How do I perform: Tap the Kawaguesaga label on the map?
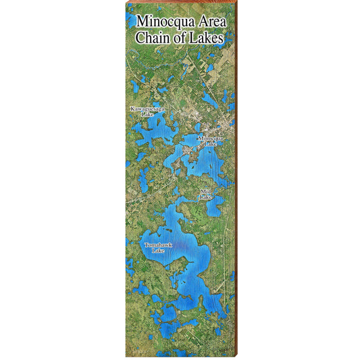[x=148, y=108]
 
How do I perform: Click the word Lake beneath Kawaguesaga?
[x=148, y=114]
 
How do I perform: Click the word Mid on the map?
[x=205, y=192]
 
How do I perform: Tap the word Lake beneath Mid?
[x=205, y=197]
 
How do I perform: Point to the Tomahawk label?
[x=158, y=244]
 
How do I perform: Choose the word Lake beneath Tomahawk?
[x=158, y=250]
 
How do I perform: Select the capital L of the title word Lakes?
[x=196, y=38]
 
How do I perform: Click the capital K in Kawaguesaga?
[x=133, y=108]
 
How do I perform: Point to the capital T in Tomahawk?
[x=145, y=244]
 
